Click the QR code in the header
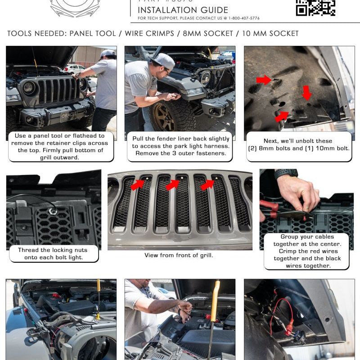pyautogui.click(x=315, y=8)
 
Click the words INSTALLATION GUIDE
pyautogui.click(x=183, y=10)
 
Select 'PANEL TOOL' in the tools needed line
pyautogui.click(x=93, y=34)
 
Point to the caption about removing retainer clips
pyautogui.click(x=61, y=146)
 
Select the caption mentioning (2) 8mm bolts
pyautogui.click(x=298, y=144)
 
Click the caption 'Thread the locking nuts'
pyautogui.click(x=53, y=253)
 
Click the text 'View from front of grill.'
pyautogui.click(x=179, y=255)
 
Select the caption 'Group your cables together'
pyautogui.click(x=307, y=251)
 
